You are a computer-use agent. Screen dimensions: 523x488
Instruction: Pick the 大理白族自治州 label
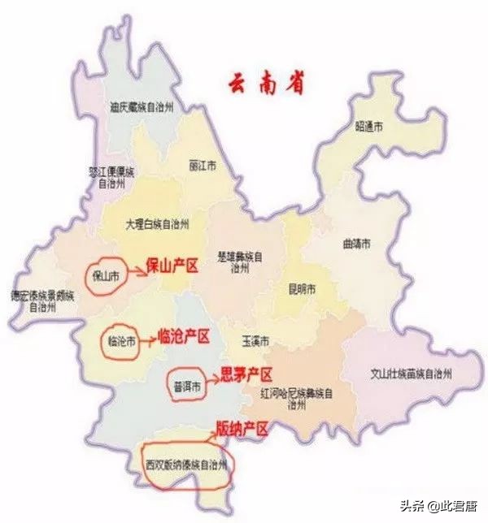click(x=157, y=223)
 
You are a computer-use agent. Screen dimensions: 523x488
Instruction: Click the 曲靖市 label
click(x=355, y=244)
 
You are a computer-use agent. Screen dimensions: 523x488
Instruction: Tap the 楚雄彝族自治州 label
click(x=237, y=261)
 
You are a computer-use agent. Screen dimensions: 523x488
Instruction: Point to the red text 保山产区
click(x=172, y=265)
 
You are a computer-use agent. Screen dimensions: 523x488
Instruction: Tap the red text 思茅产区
click(x=246, y=374)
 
